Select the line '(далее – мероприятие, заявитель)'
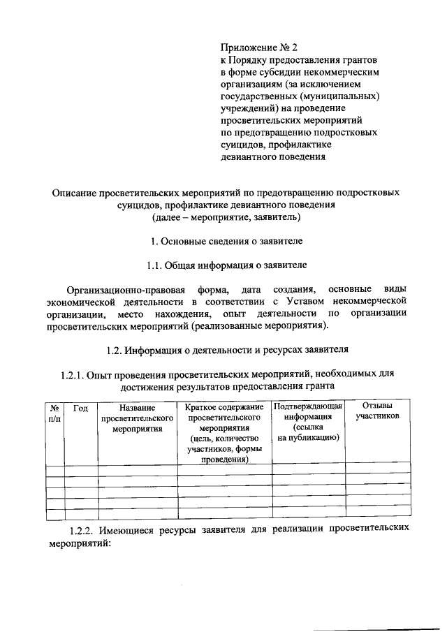[x=226, y=217]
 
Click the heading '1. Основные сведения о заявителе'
[x=227, y=241]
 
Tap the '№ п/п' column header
[x=54, y=412]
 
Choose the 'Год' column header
[x=80, y=407]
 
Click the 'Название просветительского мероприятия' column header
[x=137, y=418]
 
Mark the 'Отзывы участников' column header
[x=377, y=411]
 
